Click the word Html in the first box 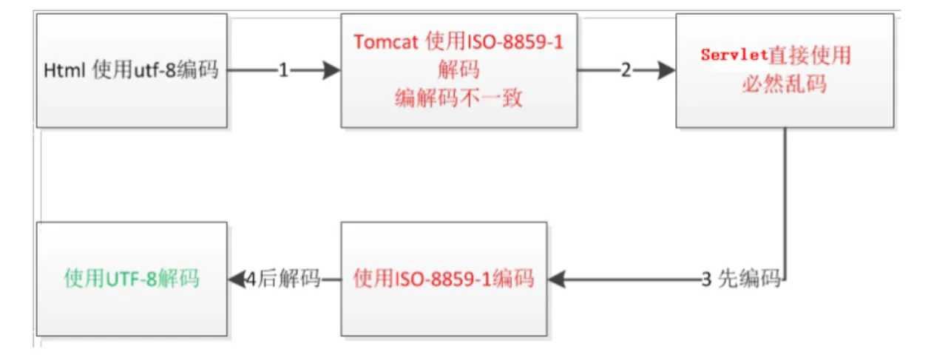click(x=64, y=70)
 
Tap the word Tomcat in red click(x=386, y=42)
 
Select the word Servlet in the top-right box click(x=734, y=55)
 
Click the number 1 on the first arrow click(x=283, y=70)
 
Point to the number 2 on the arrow click(x=626, y=70)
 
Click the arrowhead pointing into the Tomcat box click(x=332, y=70)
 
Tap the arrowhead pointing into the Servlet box click(x=667, y=70)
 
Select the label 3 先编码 click(x=740, y=279)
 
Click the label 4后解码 click(x=282, y=279)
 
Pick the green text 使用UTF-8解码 click(x=132, y=279)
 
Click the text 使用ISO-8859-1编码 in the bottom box click(x=444, y=279)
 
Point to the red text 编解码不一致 click(x=458, y=98)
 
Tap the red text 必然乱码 click(x=785, y=84)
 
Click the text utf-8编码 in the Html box click(x=176, y=69)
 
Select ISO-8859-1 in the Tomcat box click(x=515, y=42)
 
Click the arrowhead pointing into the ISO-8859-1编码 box click(x=556, y=279)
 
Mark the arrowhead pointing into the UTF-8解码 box click(x=237, y=279)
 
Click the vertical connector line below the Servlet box click(x=785, y=203)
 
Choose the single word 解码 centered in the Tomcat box click(x=458, y=69)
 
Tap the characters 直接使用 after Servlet click(x=810, y=55)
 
